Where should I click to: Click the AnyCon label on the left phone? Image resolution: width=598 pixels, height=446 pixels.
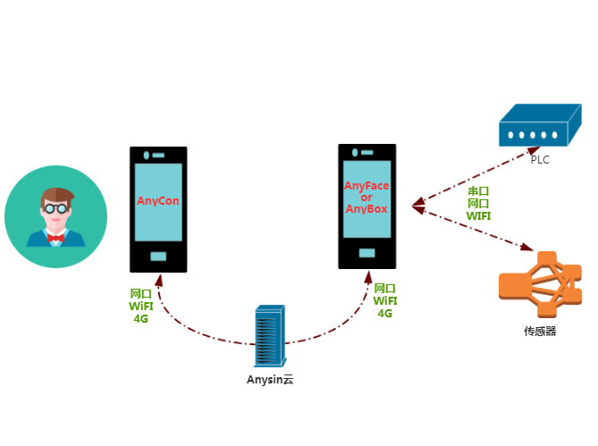coord(158,201)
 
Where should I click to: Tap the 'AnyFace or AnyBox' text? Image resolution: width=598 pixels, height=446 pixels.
coord(366,198)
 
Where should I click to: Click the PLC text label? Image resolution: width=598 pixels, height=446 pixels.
coord(540,160)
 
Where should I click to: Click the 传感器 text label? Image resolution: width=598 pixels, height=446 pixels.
coord(540,331)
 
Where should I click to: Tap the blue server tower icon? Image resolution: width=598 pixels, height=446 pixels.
coord(270,336)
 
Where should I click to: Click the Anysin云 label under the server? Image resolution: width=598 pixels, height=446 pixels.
coord(270,379)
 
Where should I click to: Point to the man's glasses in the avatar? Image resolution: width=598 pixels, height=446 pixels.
coord(55,208)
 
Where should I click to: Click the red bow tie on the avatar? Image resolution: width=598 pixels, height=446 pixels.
coord(55,238)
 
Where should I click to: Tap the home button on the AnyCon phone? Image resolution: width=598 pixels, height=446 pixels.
coord(158,257)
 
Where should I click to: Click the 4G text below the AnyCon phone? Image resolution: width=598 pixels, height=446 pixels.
coord(141,318)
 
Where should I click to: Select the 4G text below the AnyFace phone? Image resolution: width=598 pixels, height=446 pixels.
coord(385,314)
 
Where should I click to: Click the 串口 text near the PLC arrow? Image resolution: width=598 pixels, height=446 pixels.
coord(478,192)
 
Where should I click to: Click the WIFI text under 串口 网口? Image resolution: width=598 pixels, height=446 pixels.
coord(478,215)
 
